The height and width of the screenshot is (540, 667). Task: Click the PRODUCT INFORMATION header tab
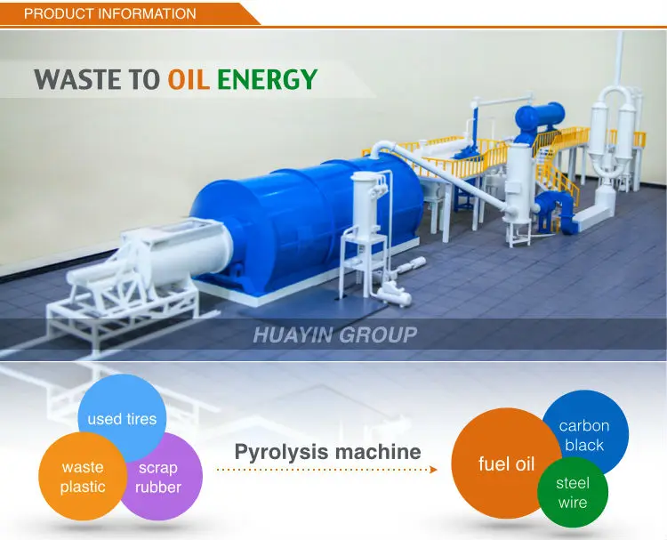coord(110,13)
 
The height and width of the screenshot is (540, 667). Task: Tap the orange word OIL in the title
coord(189,79)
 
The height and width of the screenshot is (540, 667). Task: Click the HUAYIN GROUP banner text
coord(334,335)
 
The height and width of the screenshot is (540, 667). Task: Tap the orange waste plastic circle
coord(82,477)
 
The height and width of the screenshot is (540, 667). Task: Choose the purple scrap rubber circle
coord(160,478)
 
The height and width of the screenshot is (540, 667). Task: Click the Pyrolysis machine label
coord(327,452)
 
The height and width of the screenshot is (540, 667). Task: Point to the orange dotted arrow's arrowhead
coord(434,469)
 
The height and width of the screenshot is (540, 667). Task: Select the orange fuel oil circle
coord(505,463)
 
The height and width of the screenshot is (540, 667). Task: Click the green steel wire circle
coord(573,492)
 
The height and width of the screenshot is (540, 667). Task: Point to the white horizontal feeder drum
coord(178,254)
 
